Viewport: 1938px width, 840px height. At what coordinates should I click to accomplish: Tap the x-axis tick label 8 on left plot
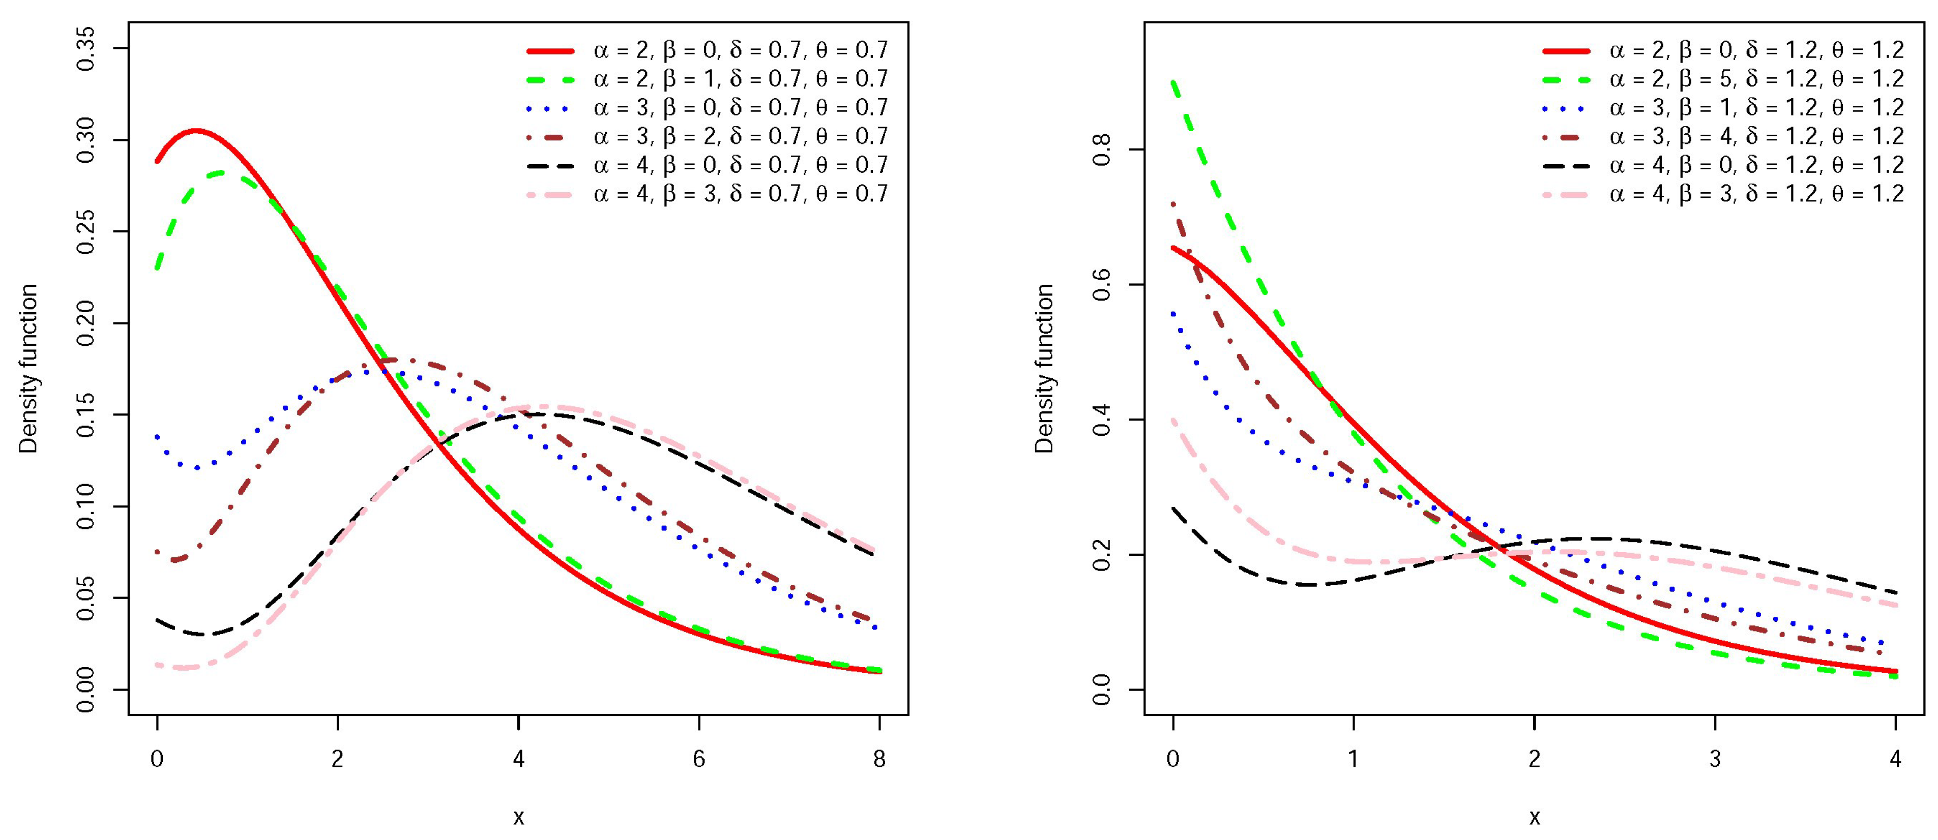(x=879, y=760)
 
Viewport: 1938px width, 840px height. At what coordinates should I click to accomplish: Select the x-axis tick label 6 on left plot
(x=699, y=760)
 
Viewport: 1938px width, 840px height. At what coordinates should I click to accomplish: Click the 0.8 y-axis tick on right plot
(x=1102, y=149)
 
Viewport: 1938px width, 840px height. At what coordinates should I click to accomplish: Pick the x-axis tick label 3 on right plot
(x=1715, y=760)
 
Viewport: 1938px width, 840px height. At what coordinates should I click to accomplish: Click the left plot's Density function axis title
(x=28, y=369)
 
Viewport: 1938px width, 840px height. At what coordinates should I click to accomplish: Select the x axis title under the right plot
(x=1534, y=817)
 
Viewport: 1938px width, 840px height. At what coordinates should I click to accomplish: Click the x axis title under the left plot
(x=518, y=817)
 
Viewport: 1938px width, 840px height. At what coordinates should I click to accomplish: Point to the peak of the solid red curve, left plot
(x=196, y=131)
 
